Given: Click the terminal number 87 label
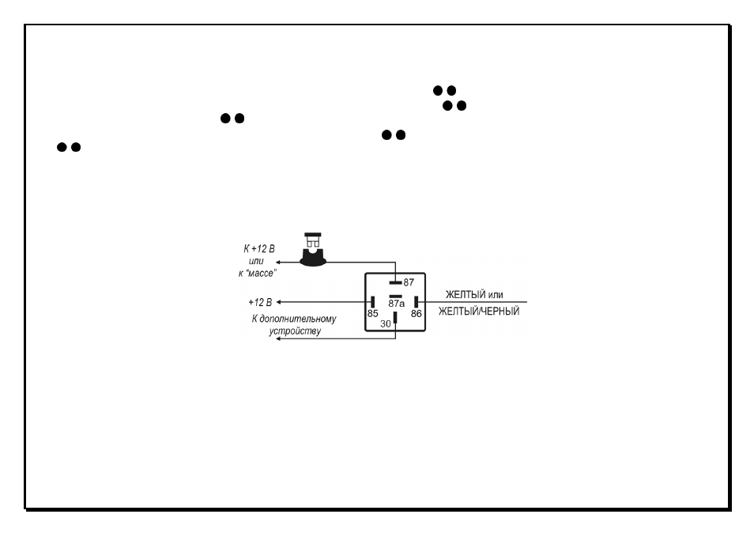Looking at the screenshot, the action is [x=409, y=282].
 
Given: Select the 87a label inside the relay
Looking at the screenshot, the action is [x=396, y=304].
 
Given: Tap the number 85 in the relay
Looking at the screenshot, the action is [x=373, y=314].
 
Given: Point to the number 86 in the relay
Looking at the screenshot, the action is [x=416, y=314].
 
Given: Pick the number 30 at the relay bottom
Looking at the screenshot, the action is [x=386, y=324].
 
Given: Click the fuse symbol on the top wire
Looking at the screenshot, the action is [x=313, y=249].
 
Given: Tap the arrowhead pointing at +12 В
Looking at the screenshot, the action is [x=278, y=302].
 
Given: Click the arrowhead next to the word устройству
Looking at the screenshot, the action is [x=278, y=338].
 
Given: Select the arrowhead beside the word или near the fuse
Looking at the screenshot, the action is [x=278, y=263].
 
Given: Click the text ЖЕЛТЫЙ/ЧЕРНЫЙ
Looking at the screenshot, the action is [x=479, y=312].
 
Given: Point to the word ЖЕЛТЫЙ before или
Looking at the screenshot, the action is [x=466, y=294].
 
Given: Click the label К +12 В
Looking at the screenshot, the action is [x=258, y=248].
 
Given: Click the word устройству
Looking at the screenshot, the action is [x=295, y=331].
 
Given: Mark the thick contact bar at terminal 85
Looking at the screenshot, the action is [x=373, y=302].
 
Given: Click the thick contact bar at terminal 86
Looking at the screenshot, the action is [x=416, y=302].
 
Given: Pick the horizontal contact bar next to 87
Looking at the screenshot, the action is [x=395, y=282].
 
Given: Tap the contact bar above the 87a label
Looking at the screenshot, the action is [x=395, y=297].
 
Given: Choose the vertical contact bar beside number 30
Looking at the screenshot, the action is [x=395, y=317].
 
